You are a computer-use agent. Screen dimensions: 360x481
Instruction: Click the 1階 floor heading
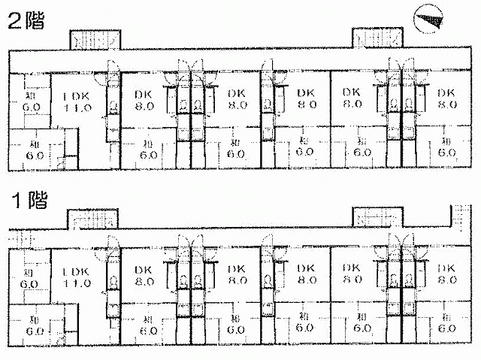pos(26,201)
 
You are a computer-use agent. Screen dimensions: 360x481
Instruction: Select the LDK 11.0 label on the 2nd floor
pos(76,102)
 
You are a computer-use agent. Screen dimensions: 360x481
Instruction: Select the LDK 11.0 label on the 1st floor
pos(76,278)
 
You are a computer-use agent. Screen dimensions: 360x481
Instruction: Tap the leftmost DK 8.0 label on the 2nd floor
pos(144,100)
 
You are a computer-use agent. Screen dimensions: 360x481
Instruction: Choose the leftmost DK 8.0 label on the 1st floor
pos(144,275)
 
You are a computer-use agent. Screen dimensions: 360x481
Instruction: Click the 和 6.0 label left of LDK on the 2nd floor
pos(29,102)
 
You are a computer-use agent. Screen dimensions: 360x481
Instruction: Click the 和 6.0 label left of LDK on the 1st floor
pos(29,278)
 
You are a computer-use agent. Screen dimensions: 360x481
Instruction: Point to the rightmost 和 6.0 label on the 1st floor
pos(446,322)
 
